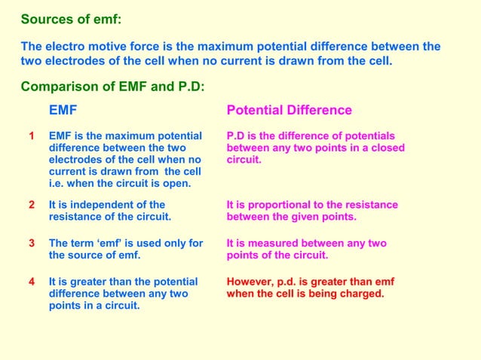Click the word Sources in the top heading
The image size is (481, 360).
coord(45,19)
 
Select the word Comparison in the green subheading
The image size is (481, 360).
coord(54,86)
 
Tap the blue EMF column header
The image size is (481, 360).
coord(63,111)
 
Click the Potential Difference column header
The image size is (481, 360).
coord(290,111)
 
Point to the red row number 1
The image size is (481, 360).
coord(32,136)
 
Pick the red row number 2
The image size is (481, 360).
coord(32,205)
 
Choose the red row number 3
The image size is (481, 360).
coord(32,243)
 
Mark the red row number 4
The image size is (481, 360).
coord(32,282)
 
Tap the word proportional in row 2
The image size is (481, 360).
coord(271,205)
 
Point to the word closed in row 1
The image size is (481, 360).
coord(388,148)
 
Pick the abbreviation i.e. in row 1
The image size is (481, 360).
coord(57,184)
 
